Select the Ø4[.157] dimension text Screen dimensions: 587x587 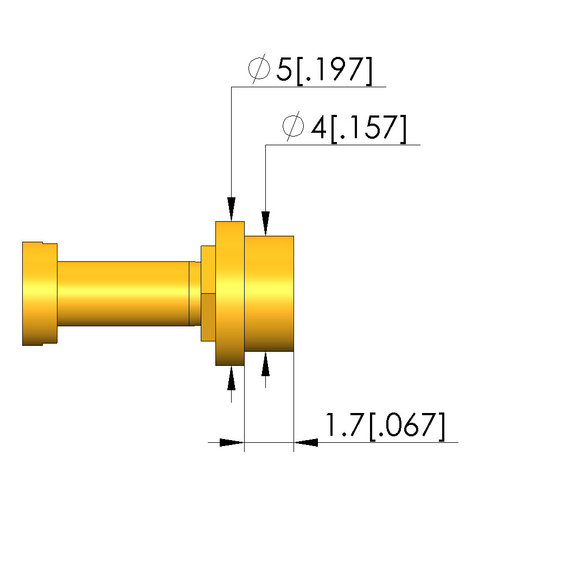(344, 127)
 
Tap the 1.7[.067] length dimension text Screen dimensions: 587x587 (386, 425)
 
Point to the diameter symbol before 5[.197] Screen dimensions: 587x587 (259, 68)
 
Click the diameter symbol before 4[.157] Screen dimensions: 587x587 (293, 126)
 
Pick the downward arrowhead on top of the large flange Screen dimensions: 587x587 (232, 209)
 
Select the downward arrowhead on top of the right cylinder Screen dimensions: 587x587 (266, 223)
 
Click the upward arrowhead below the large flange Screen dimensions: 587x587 (232, 378)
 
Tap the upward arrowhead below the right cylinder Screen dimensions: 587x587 (266, 364)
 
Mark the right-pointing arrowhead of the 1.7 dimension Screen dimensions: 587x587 (232, 442)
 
